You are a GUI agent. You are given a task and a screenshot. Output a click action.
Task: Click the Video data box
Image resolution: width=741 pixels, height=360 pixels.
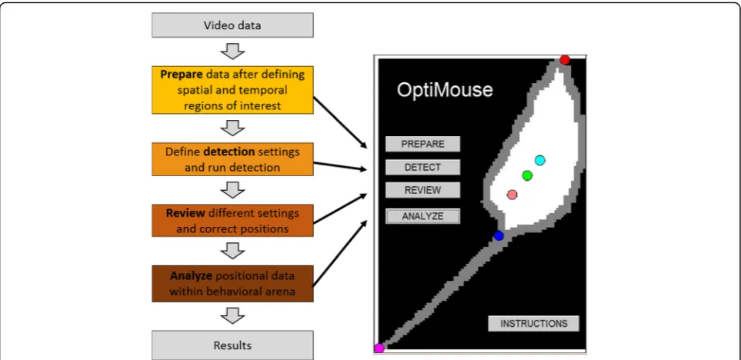point(232,25)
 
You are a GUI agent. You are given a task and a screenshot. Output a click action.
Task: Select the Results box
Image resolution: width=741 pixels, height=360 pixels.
point(232,345)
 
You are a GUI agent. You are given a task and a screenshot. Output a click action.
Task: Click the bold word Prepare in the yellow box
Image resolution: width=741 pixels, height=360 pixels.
point(179,75)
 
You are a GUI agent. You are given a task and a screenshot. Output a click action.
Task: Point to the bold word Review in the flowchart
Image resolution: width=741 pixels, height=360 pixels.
point(185,213)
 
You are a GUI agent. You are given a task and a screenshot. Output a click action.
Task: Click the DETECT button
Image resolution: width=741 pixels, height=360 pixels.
point(422,167)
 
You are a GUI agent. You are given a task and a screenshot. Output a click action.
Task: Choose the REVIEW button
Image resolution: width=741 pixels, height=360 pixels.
point(422,190)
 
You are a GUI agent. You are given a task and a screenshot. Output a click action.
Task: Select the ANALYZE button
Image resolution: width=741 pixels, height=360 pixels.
point(422,216)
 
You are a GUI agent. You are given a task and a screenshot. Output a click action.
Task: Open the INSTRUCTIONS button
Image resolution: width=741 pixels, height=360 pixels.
point(533,324)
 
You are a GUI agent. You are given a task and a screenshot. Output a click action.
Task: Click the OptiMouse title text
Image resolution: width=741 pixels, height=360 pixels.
point(444,90)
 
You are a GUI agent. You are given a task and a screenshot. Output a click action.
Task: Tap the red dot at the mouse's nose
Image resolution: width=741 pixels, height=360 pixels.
point(565,60)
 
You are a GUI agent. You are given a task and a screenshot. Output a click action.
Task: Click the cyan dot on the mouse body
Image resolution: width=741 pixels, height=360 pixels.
point(540,161)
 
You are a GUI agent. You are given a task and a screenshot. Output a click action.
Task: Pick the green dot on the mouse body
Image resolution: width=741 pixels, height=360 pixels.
point(527,175)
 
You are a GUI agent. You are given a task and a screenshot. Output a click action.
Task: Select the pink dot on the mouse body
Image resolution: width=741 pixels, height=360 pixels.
point(512,194)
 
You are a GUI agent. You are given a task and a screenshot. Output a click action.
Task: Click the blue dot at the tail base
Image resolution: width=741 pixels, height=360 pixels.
point(499,235)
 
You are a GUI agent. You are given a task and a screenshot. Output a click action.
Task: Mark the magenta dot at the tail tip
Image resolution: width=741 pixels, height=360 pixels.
point(379,348)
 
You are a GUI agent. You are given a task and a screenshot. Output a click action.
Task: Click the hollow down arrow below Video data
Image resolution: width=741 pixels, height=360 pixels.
point(232,52)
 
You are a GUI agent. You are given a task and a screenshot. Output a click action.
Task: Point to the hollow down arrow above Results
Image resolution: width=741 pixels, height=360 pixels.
point(232,315)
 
